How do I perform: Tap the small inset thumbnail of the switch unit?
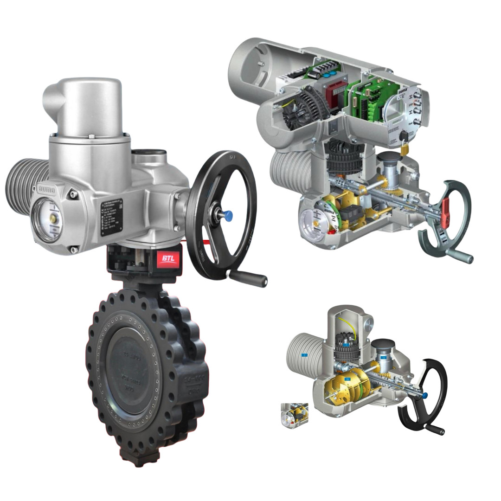(295, 414)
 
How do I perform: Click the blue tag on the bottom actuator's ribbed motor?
(304, 355)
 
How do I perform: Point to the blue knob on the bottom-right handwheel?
(424, 396)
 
